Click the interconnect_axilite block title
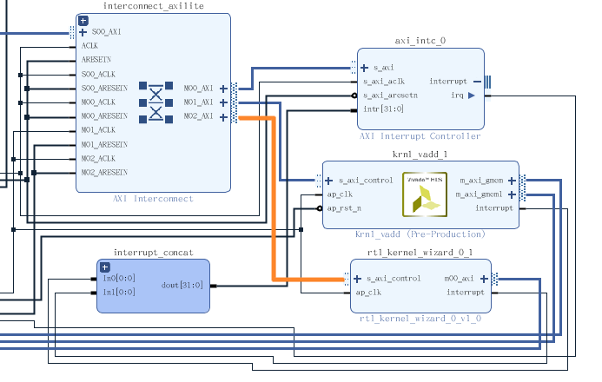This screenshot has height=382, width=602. point(153,7)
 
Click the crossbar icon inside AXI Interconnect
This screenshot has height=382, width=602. point(155,102)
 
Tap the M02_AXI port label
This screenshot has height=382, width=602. point(198,116)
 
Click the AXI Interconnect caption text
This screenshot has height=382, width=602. point(153,199)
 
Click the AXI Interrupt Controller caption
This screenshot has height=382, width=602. point(420,136)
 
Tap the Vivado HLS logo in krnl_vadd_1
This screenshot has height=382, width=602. point(423,194)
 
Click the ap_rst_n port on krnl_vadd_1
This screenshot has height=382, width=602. point(343,208)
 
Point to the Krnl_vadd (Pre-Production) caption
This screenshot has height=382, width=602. point(420,234)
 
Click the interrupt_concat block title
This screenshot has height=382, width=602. point(153,252)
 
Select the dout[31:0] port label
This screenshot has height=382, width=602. point(182,286)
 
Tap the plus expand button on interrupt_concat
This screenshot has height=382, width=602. point(104,267)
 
